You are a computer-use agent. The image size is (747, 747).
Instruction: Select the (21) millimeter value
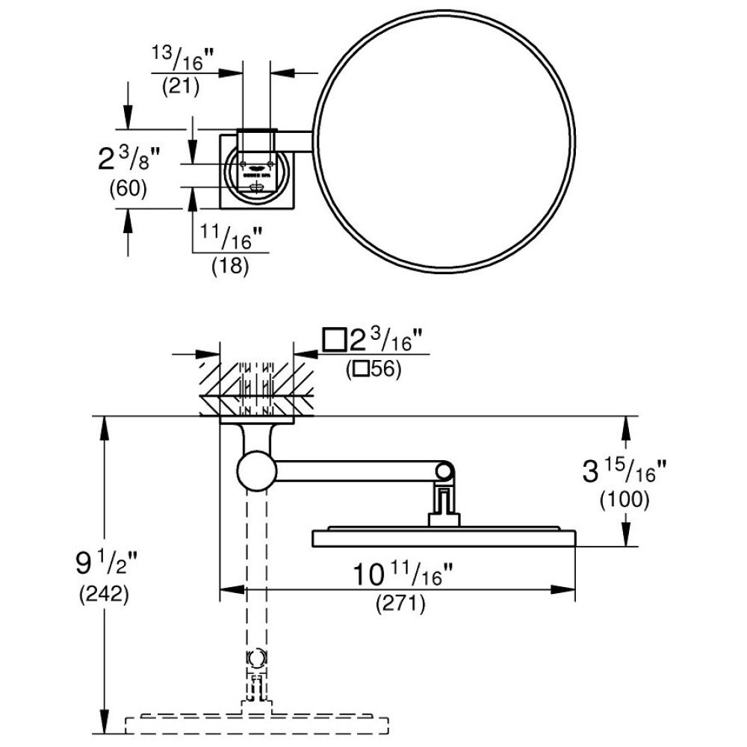tap(181, 86)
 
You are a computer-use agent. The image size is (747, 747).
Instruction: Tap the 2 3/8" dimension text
tap(130, 158)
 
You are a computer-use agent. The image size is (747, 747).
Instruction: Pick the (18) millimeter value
tap(230, 266)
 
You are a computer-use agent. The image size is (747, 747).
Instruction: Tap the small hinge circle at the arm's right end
tap(444, 471)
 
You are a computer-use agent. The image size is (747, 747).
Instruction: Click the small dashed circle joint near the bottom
tap(256, 659)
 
